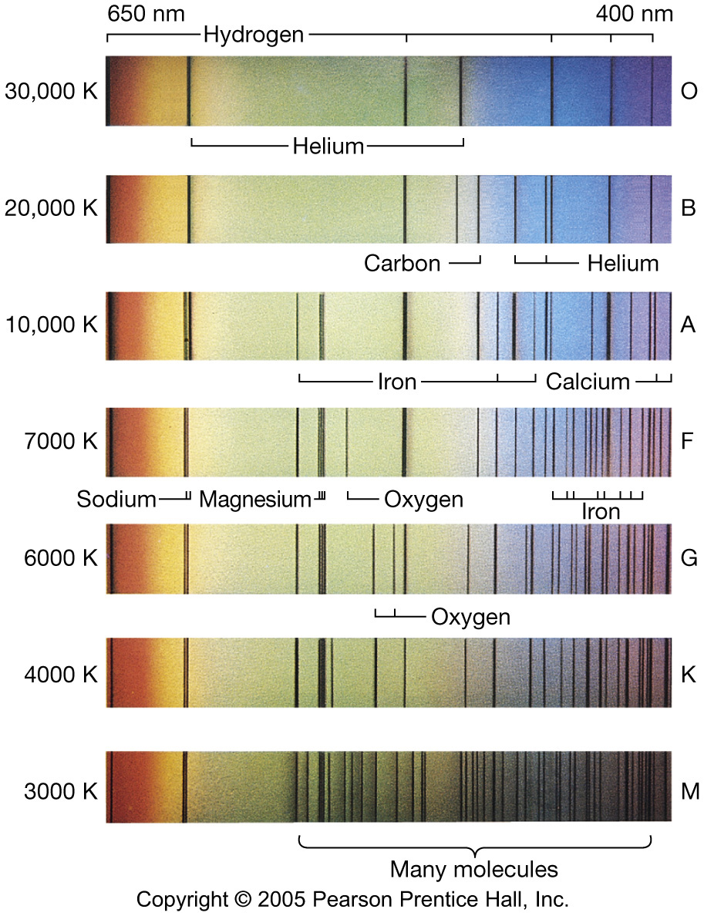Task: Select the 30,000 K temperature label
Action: click(51, 91)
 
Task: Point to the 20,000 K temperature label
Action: click(51, 208)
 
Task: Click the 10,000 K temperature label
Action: click(51, 325)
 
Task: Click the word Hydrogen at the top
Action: click(254, 35)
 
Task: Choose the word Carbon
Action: click(403, 264)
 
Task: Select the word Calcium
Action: click(588, 381)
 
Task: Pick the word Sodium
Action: click(116, 500)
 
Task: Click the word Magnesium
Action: click(254, 500)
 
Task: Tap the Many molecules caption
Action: click(473, 870)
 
